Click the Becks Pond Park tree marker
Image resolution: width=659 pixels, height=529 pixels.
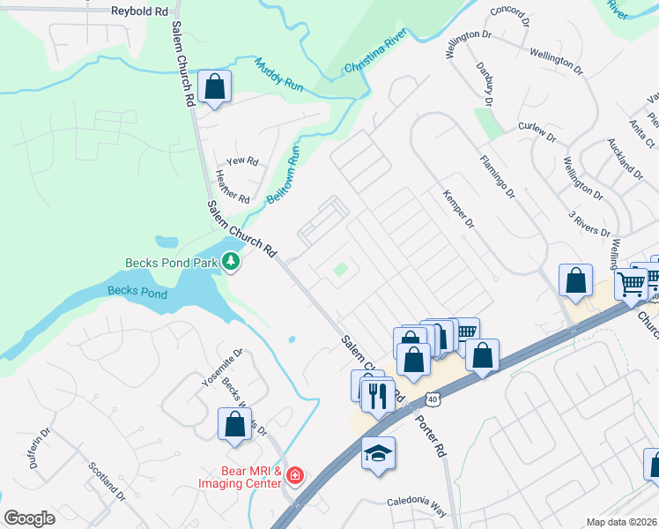tap(231, 261)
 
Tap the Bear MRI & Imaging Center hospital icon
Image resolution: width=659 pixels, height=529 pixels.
tap(295, 478)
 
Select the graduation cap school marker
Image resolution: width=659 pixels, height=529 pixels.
tap(378, 453)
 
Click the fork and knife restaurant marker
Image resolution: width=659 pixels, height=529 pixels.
tap(379, 393)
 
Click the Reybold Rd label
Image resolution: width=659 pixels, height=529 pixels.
tap(138, 11)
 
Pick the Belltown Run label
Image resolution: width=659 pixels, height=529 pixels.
tap(285, 175)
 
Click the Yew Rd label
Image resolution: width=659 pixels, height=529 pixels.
tap(241, 161)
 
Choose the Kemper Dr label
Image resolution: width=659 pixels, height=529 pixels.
tap(459, 209)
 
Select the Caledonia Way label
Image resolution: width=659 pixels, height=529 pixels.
tap(417, 503)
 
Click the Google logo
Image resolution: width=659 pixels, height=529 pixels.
tap(29, 518)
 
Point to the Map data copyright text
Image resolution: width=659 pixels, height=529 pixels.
tap(621, 522)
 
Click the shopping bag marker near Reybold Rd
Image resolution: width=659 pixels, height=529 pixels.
tap(214, 86)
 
